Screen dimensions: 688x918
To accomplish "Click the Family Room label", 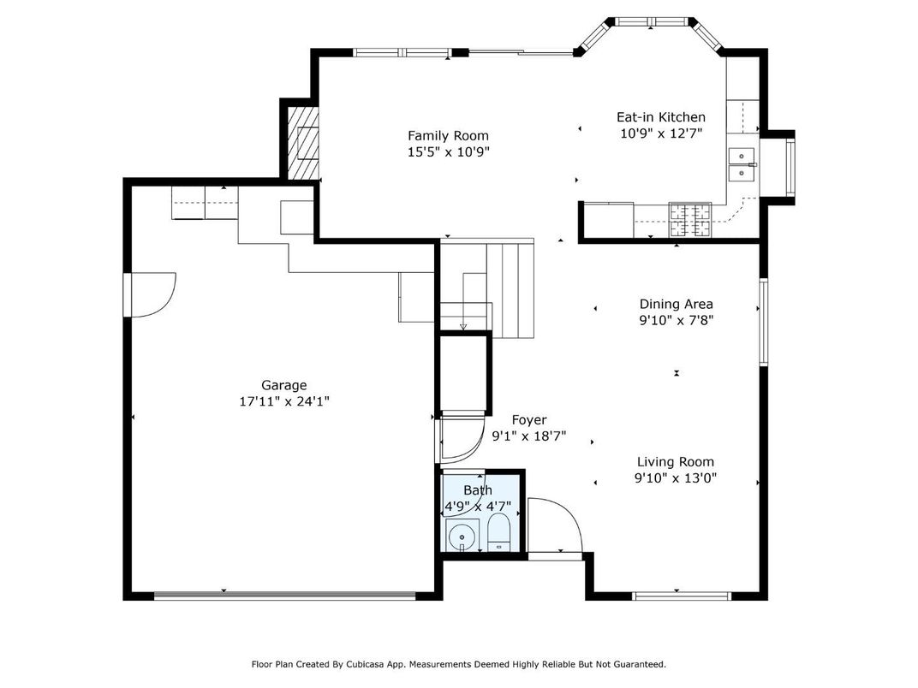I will (x=448, y=135).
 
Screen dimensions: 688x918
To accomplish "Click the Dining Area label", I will (x=676, y=304).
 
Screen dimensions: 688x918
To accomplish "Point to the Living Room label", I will (x=675, y=462).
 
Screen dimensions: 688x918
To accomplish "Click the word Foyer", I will (x=529, y=419).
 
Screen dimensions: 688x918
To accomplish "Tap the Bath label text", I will (x=478, y=490).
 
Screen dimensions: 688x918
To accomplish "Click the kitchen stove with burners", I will (x=689, y=219).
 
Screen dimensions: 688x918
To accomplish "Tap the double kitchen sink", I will (x=742, y=163).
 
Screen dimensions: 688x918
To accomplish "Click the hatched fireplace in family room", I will (x=302, y=142).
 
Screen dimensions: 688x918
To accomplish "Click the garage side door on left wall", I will (x=150, y=295).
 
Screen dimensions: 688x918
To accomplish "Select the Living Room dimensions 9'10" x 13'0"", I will (x=675, y=478).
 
